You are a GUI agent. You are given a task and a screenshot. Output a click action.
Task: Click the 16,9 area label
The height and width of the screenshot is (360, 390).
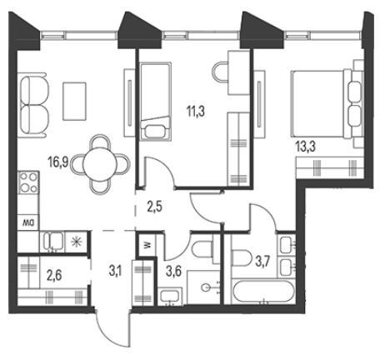(58, 162)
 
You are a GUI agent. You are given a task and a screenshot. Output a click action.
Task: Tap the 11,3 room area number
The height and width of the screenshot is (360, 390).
(196, 112)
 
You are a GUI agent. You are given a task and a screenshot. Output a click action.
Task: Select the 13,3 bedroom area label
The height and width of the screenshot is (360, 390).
(306, 147)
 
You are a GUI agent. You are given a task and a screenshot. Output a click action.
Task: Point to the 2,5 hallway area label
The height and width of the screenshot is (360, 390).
(154, 207)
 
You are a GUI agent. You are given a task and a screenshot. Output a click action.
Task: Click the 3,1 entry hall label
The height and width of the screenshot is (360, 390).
(117, 271)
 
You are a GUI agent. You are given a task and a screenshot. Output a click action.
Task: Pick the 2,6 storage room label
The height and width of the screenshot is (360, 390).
(54, 276)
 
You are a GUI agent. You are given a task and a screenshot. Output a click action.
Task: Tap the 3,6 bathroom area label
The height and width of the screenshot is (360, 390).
(173, 271)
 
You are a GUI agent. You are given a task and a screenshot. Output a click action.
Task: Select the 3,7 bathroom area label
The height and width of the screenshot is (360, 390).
(262, 262)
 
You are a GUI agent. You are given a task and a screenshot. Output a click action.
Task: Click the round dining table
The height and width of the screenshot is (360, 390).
(100, 164)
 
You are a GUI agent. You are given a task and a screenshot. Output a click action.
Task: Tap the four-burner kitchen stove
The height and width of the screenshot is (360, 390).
(28, 182)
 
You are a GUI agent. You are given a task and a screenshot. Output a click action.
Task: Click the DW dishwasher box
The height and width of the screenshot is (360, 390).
(28, 222)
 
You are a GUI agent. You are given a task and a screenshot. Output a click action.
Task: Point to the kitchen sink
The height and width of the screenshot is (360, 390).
(53, 241)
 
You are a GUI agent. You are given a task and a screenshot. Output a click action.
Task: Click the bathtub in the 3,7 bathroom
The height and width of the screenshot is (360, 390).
(262, 291)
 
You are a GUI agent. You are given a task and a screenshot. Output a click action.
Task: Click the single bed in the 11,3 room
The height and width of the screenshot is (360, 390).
(155, 101)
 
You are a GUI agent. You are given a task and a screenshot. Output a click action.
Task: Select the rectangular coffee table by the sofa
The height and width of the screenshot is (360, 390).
(74, 101)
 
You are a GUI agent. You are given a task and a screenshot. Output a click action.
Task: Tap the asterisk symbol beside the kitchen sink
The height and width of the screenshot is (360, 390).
(76, 242)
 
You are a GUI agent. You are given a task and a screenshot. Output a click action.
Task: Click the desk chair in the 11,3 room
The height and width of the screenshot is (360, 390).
(220, 72)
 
